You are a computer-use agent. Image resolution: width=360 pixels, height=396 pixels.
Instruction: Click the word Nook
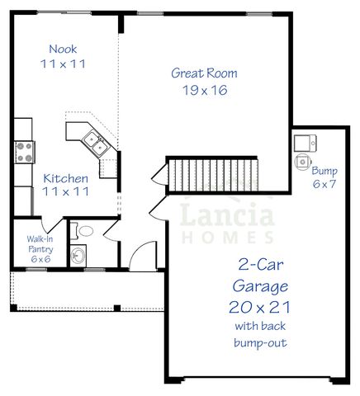pyautogui.click(x=63, y=49)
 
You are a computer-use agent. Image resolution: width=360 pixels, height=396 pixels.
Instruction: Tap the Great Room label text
pyautogui.click(x=199, y=73)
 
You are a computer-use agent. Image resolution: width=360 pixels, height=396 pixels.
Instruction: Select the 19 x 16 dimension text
pyautogui.click(x=199, y=90)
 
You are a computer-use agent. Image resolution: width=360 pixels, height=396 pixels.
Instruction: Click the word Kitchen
pyautogui.click(x=66, y=178)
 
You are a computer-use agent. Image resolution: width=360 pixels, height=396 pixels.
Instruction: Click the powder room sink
pyautogui.click(x=78, y=255)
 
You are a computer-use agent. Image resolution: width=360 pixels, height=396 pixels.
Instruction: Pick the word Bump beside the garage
pyautogui.click(x=324, y=171)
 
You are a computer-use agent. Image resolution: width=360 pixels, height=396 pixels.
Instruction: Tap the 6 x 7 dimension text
pyautogui.click(x=324, y=183)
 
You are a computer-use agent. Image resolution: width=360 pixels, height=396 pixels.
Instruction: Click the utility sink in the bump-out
pyautogui.click(x=302, y=142)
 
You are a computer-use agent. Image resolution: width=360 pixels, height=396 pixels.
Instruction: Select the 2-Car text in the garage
pyautogui.click(x=260, y=266)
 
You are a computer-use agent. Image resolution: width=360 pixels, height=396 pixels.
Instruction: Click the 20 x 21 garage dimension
pyautogui.click(x=260, y=307)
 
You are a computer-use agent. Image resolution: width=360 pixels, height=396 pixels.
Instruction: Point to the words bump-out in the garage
pyautogui.click(x=260, y=342)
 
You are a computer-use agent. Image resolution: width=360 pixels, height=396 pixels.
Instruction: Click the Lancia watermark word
pyautogui.click(x=226, y=218)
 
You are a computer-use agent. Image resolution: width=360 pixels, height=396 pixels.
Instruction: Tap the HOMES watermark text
pyautogui.click(x=227, y=237)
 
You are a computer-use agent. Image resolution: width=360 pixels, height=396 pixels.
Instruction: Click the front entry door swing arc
pyautogui.click(x=142, y=254)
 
